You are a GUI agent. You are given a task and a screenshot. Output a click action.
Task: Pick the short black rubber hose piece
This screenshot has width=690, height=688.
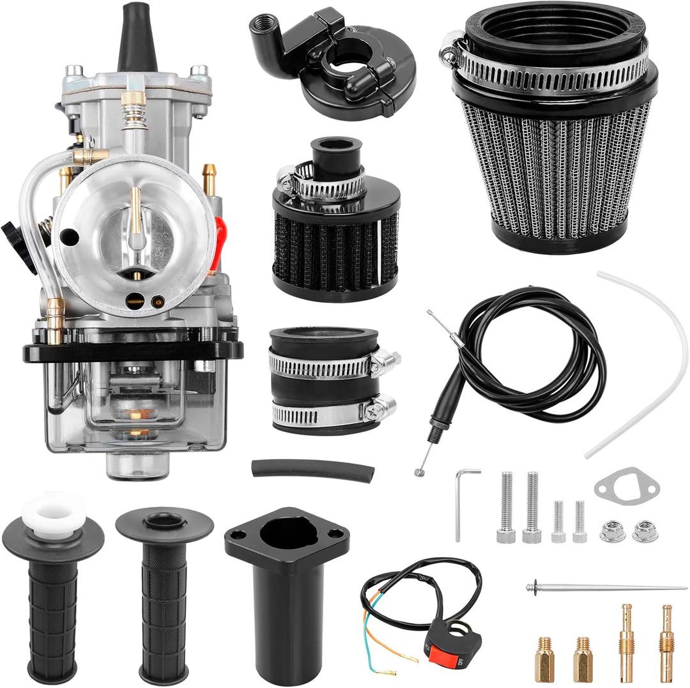[x=312, y=468]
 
